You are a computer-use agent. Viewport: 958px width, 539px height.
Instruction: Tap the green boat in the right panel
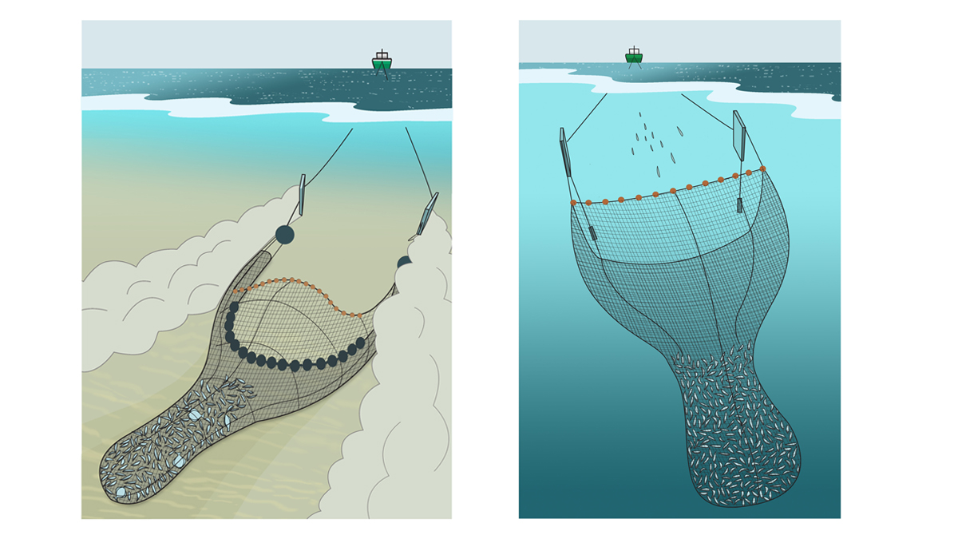click(633, 56)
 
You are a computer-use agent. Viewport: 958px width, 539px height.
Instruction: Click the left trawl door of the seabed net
click(302, 194)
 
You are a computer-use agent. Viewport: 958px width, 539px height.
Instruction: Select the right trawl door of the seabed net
click(427, 213)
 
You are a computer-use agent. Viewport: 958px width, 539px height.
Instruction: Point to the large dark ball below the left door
click(285, 234)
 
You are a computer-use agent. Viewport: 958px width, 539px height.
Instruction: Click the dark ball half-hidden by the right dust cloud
click(403, 262)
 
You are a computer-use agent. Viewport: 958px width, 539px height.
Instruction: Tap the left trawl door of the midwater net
click(566, 152)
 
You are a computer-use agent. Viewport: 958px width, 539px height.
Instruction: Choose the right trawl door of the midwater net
click(738, 136)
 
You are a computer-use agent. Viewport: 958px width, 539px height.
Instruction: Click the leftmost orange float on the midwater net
click(573, 203)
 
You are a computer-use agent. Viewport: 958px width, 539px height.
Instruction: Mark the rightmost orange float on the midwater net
click(763, 168)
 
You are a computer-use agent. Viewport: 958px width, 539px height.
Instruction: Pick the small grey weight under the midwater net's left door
click(592, 232)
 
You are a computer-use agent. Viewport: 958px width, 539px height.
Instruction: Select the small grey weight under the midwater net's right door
click(740, 204)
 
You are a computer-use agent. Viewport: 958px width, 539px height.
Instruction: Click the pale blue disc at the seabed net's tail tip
click(121, 493)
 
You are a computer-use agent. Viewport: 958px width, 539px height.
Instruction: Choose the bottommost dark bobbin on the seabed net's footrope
click(295, 365)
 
